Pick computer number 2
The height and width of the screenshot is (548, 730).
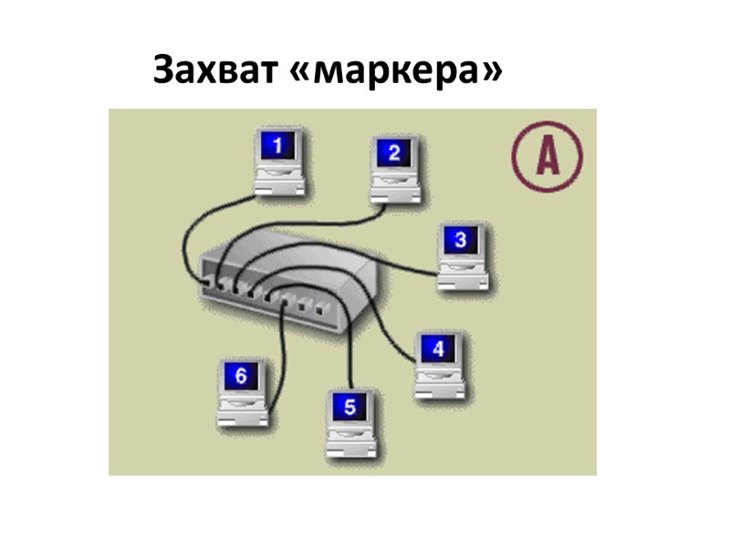(394, 170)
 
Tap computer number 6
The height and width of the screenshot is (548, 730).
(244, 393)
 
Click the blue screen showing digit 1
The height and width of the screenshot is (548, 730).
(279, 144)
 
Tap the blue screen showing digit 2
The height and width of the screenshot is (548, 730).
(394, 153)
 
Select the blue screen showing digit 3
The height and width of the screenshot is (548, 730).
(461, 240)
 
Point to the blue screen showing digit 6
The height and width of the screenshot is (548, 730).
(242, 375)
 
